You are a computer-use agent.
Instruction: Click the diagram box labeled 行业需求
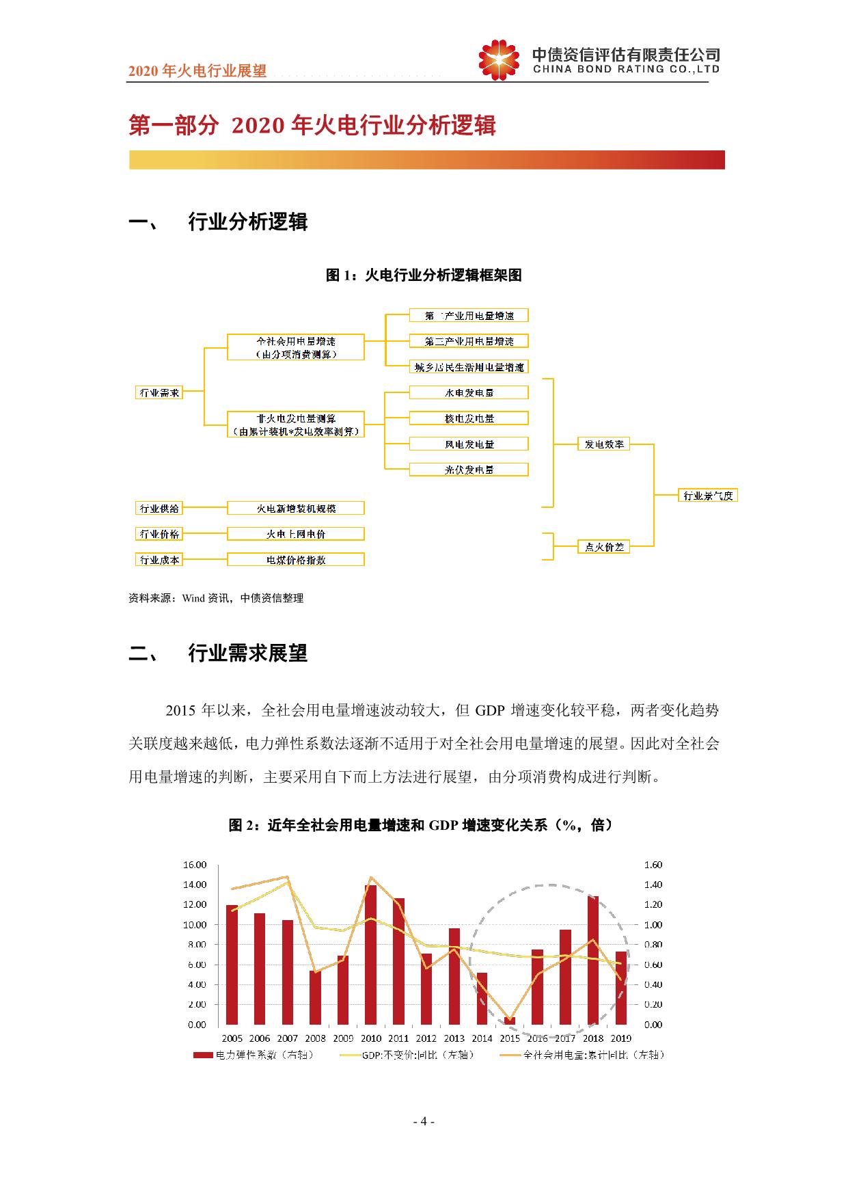[159, 392]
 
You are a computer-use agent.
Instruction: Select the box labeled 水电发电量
[469, 392]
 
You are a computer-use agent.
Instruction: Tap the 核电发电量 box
[469, 418]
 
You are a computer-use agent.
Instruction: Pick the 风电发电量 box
[469, 444]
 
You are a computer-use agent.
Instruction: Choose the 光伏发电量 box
[469, 470]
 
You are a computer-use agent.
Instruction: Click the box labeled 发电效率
[604, 444]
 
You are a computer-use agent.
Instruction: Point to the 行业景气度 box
[708, 496]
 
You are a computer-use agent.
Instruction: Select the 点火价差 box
[604, 547]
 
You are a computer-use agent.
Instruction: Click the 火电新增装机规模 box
[296, 509]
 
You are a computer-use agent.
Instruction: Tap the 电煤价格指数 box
[296, 560]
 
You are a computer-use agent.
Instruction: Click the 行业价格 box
[159, 534]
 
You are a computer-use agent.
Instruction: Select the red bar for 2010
[371, 955]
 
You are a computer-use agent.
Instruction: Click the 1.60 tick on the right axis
[653, 865]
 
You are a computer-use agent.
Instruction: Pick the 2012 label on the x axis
[426, 1038]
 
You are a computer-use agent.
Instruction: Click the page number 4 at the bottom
[424, 1122]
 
